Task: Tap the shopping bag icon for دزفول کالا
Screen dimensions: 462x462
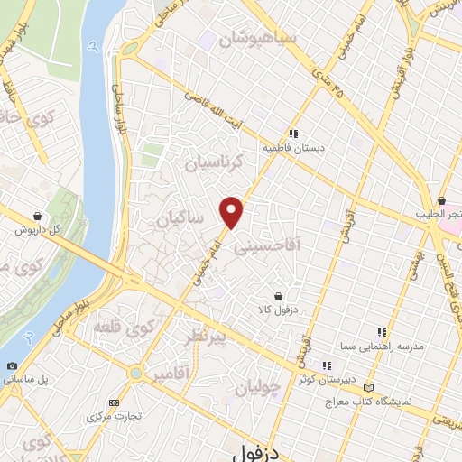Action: tap(278, 296)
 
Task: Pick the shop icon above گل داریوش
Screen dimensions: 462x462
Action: tap(36, 217)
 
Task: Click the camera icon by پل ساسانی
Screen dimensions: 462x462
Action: tap(11, 365)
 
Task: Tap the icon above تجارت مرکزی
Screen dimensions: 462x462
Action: tap(113, 402)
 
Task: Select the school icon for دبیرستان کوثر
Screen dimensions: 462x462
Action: tap(327, 365)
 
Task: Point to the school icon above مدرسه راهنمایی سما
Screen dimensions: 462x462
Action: tap(383, 332)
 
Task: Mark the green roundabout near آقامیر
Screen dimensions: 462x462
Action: tap(135, 372)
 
